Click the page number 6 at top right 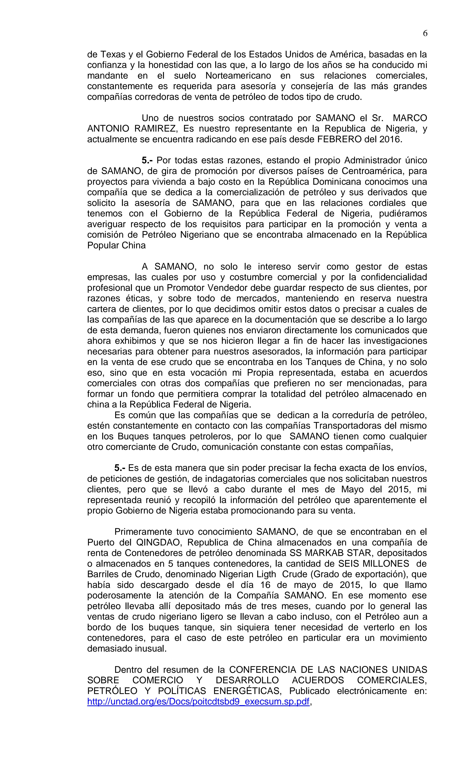coord(425,33)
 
